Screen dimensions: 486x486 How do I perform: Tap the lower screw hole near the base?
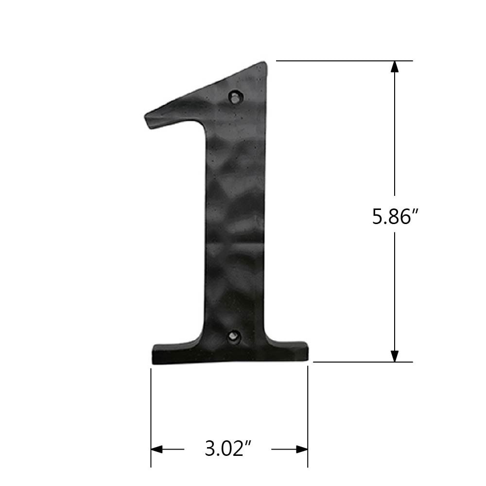[235, 335]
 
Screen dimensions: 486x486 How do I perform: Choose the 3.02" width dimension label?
[227, 449]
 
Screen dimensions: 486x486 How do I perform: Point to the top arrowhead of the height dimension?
[395, 67]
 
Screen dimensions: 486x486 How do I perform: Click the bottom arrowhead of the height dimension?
[395, 356]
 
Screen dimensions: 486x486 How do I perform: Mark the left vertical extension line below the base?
[151, 413]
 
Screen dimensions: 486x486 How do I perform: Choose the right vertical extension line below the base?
[308, 413]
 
